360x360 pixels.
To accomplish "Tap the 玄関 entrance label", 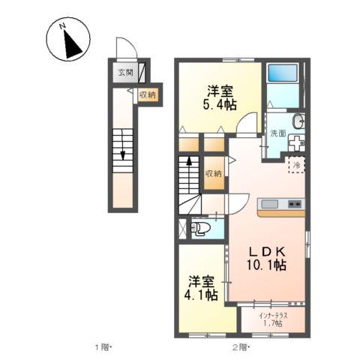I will click(124, 73).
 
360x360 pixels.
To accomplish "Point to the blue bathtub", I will click(283, 73).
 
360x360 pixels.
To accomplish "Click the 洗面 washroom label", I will click(277, 133).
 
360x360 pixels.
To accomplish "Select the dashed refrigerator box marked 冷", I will click(296, 163).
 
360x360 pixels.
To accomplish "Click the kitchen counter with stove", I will click(280, 205).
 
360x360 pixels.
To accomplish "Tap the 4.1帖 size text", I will click(202, 295).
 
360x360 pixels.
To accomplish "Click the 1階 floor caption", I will click(103, 346).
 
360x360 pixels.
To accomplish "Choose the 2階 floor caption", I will click(241, 346).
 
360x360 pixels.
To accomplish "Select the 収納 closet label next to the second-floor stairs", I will click(215, 173).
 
